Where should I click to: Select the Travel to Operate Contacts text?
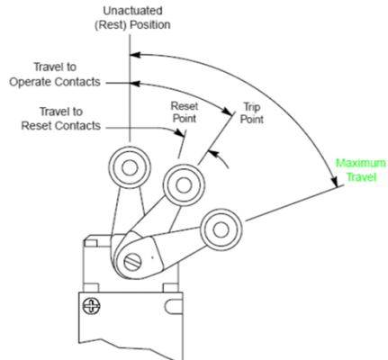pos(66,75)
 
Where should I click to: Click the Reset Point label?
pos(185,112)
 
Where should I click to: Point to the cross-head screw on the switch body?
pos(90,305)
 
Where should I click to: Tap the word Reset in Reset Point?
pos(185,105)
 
